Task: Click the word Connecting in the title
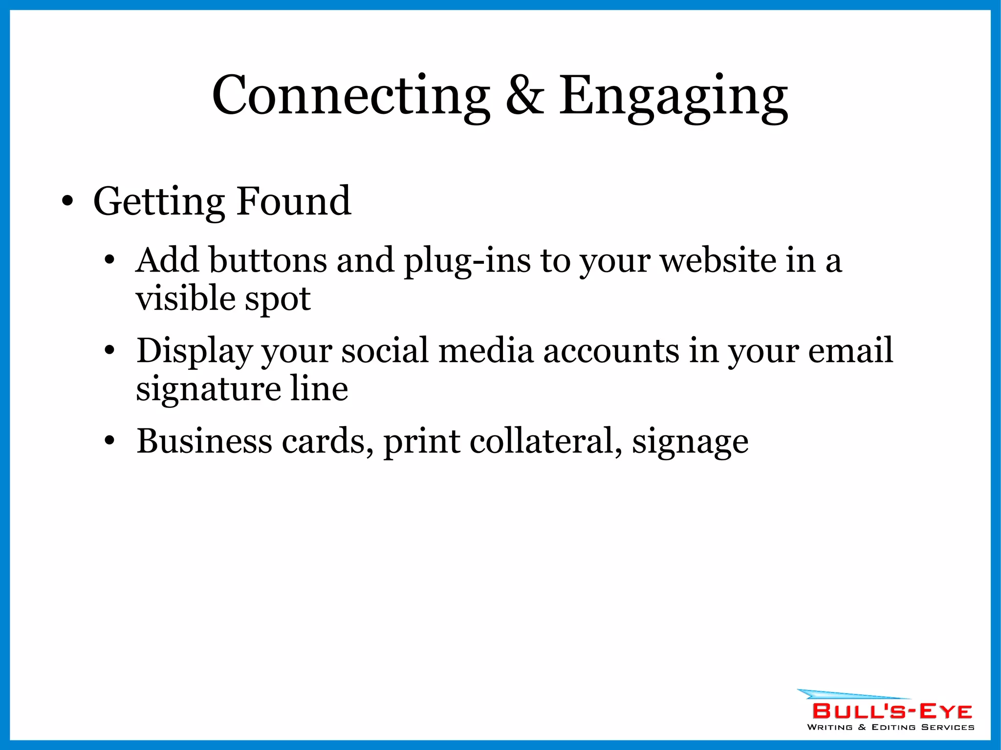tap(350, 96)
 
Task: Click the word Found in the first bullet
tap(293, 201)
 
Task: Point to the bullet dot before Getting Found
tap(68, 201)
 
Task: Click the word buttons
tap(268, 260)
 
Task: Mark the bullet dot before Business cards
tap(109, 441)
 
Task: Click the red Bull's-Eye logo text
tap(892, 711)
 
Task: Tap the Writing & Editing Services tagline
tap(890, 727)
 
